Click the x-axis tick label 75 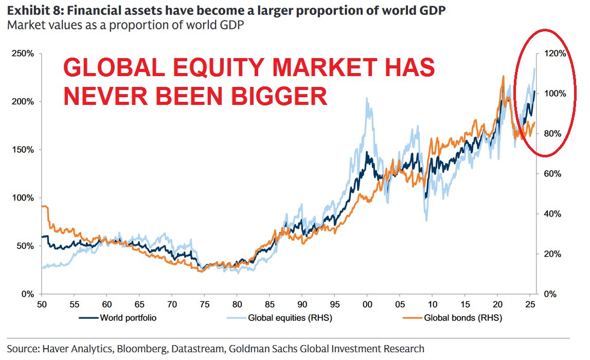(x=204, y=304)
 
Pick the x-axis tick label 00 (x=367, y=304)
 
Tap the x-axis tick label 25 (x=530, y=304)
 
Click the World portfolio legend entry (x=128, y=318)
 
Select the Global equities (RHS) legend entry (x=290, y=318)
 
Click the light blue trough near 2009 (x=426, y=220)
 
